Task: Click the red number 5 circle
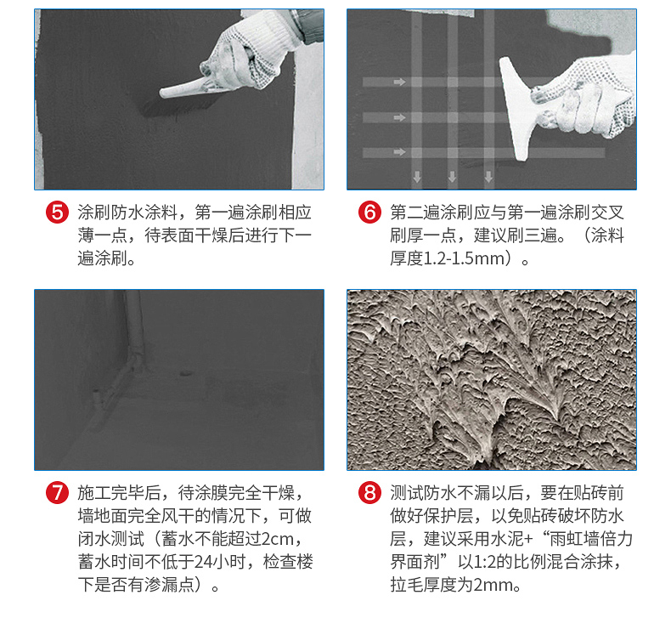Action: (x=58, y=212)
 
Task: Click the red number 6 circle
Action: (x=369, y=212)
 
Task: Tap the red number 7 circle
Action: (x=58, y=492)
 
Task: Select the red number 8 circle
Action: (x=369, y=492)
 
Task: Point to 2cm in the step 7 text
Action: (x=277, y=539)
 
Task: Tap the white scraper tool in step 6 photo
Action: (x=521, y=107)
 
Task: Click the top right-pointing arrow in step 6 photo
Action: (x=400, y=82)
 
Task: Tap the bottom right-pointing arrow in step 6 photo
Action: (x=400, y=151)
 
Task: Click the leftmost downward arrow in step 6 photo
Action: (x=417, y=176)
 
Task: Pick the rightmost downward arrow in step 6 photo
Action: (x=488, y=176)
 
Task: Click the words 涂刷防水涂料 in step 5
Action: (x=127, y=212)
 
